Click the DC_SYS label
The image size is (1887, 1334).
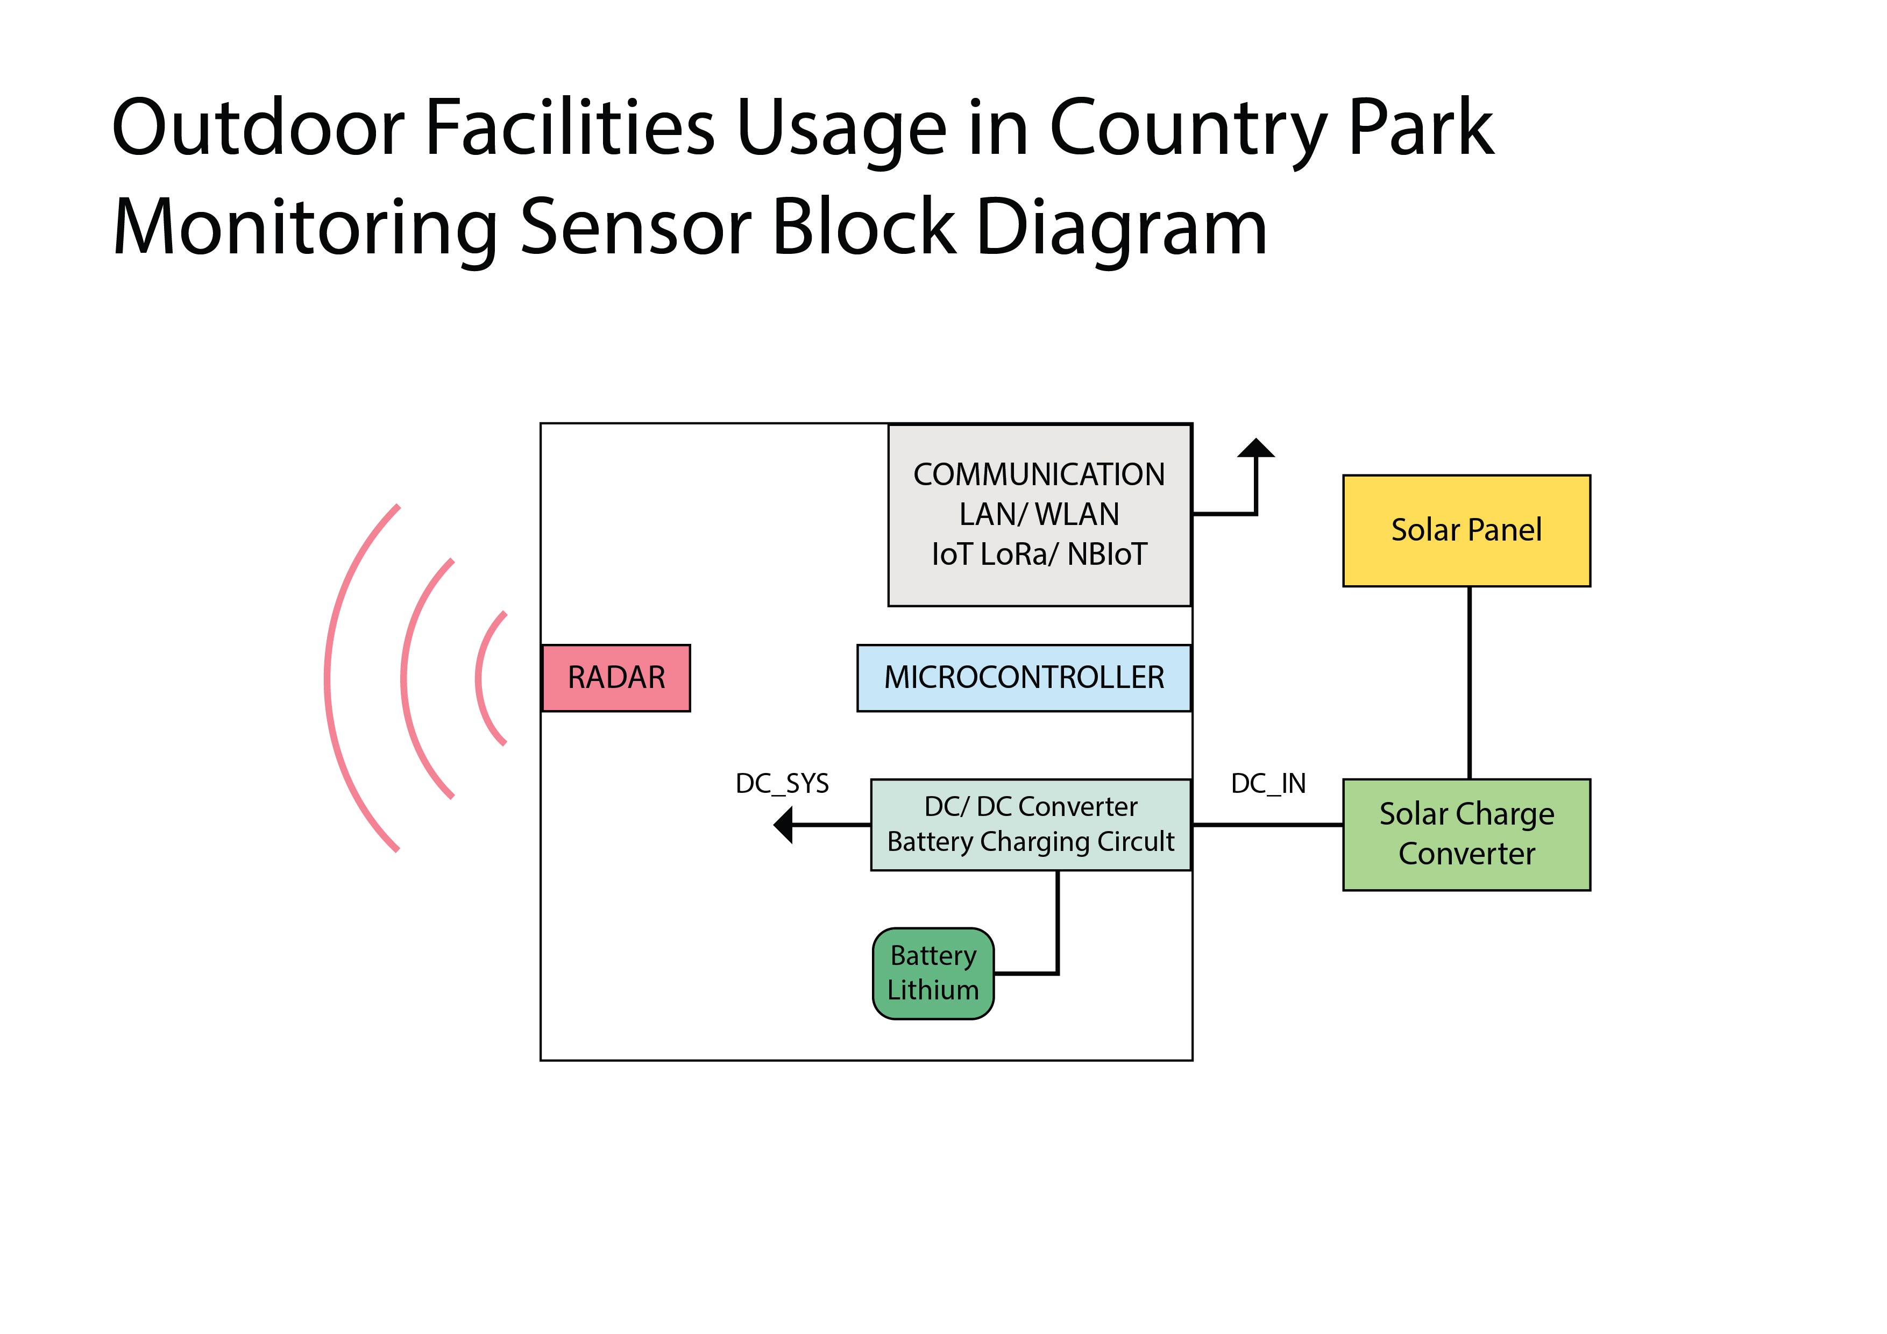click(x=782, y=783)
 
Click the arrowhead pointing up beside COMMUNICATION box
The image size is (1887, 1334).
click(x=1256, y=449)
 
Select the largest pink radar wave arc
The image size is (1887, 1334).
click(x=329, y=679)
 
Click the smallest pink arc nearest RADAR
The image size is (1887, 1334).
click(x=478, y=679)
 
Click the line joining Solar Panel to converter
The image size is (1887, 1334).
click(x=1469, y=682)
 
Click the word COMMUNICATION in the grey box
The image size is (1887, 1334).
click(x=1039, y=474)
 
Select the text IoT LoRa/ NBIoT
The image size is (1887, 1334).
click(x=1039, y=554)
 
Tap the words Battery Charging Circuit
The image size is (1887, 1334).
click(x=1031, y=842)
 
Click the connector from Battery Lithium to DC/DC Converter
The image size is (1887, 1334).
click(x=1057, y=929)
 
